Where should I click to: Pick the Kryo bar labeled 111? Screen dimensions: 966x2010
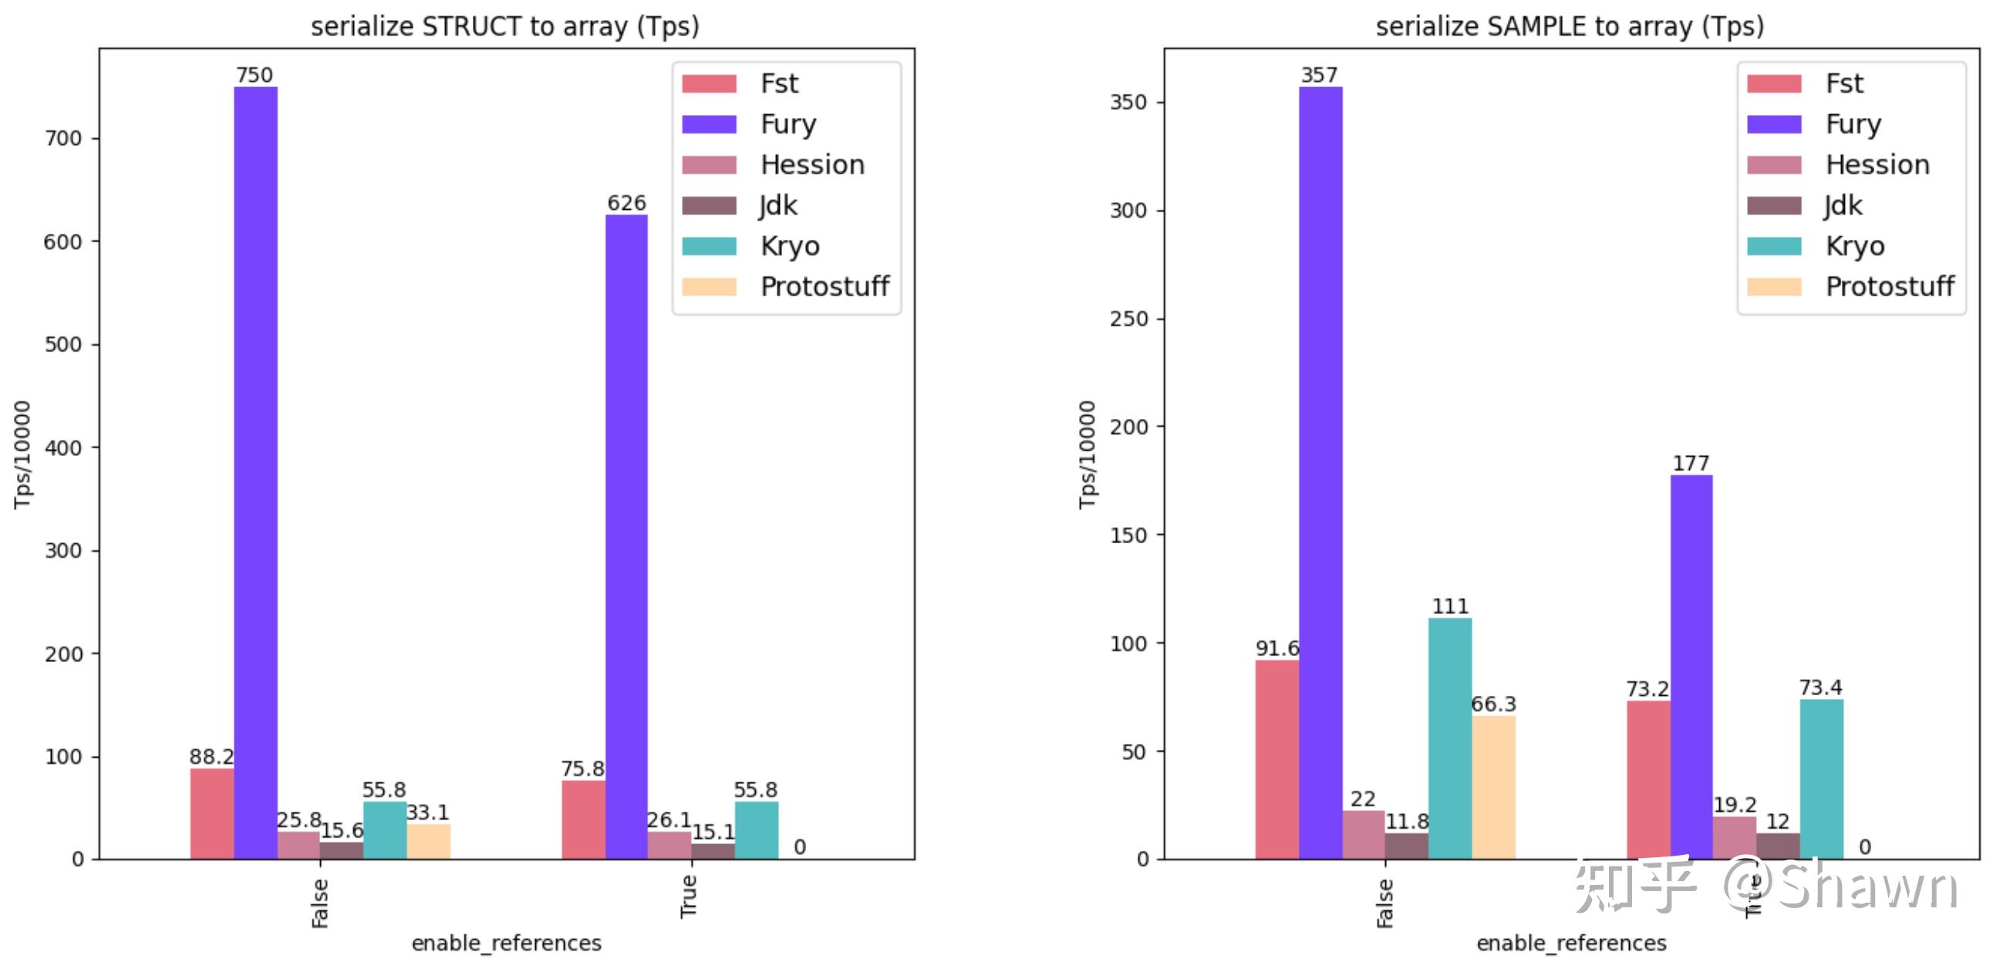[1450, 738]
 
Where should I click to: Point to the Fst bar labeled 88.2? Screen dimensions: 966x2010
[211, 813]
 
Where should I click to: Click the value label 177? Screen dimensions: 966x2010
[1691, 464]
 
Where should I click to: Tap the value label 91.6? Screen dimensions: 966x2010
[1276, 648]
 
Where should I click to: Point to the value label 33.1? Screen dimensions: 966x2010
[427, 812]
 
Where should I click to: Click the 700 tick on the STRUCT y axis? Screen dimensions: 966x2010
[62, 139]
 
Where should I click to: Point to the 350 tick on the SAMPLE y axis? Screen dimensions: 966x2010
[1128, 102]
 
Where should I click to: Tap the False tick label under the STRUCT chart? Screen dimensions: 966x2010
[320, 903]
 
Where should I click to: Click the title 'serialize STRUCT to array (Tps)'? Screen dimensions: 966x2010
[505, 26]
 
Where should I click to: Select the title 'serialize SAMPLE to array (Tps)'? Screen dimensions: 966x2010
[1569, 26]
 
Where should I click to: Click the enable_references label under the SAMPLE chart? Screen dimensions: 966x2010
[1570, 944]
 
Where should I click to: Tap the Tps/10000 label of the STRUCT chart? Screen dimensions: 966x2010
[22, 454]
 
